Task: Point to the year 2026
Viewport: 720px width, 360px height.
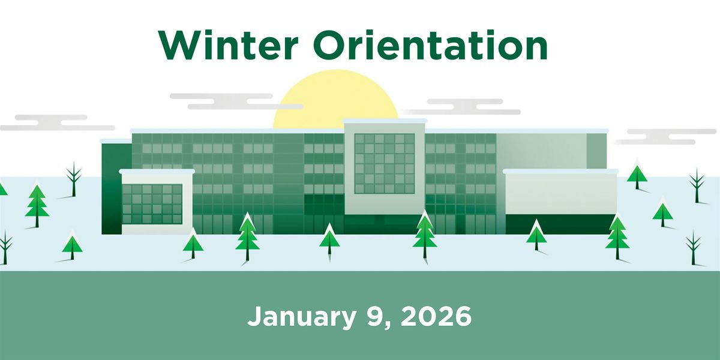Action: click(x=436, y=316)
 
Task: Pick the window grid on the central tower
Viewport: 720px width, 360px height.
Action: click(x=384, y=163)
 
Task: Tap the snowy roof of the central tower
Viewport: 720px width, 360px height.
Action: click(x=385, y=122)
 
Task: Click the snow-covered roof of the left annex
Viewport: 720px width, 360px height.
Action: click(x=157, y=172)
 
